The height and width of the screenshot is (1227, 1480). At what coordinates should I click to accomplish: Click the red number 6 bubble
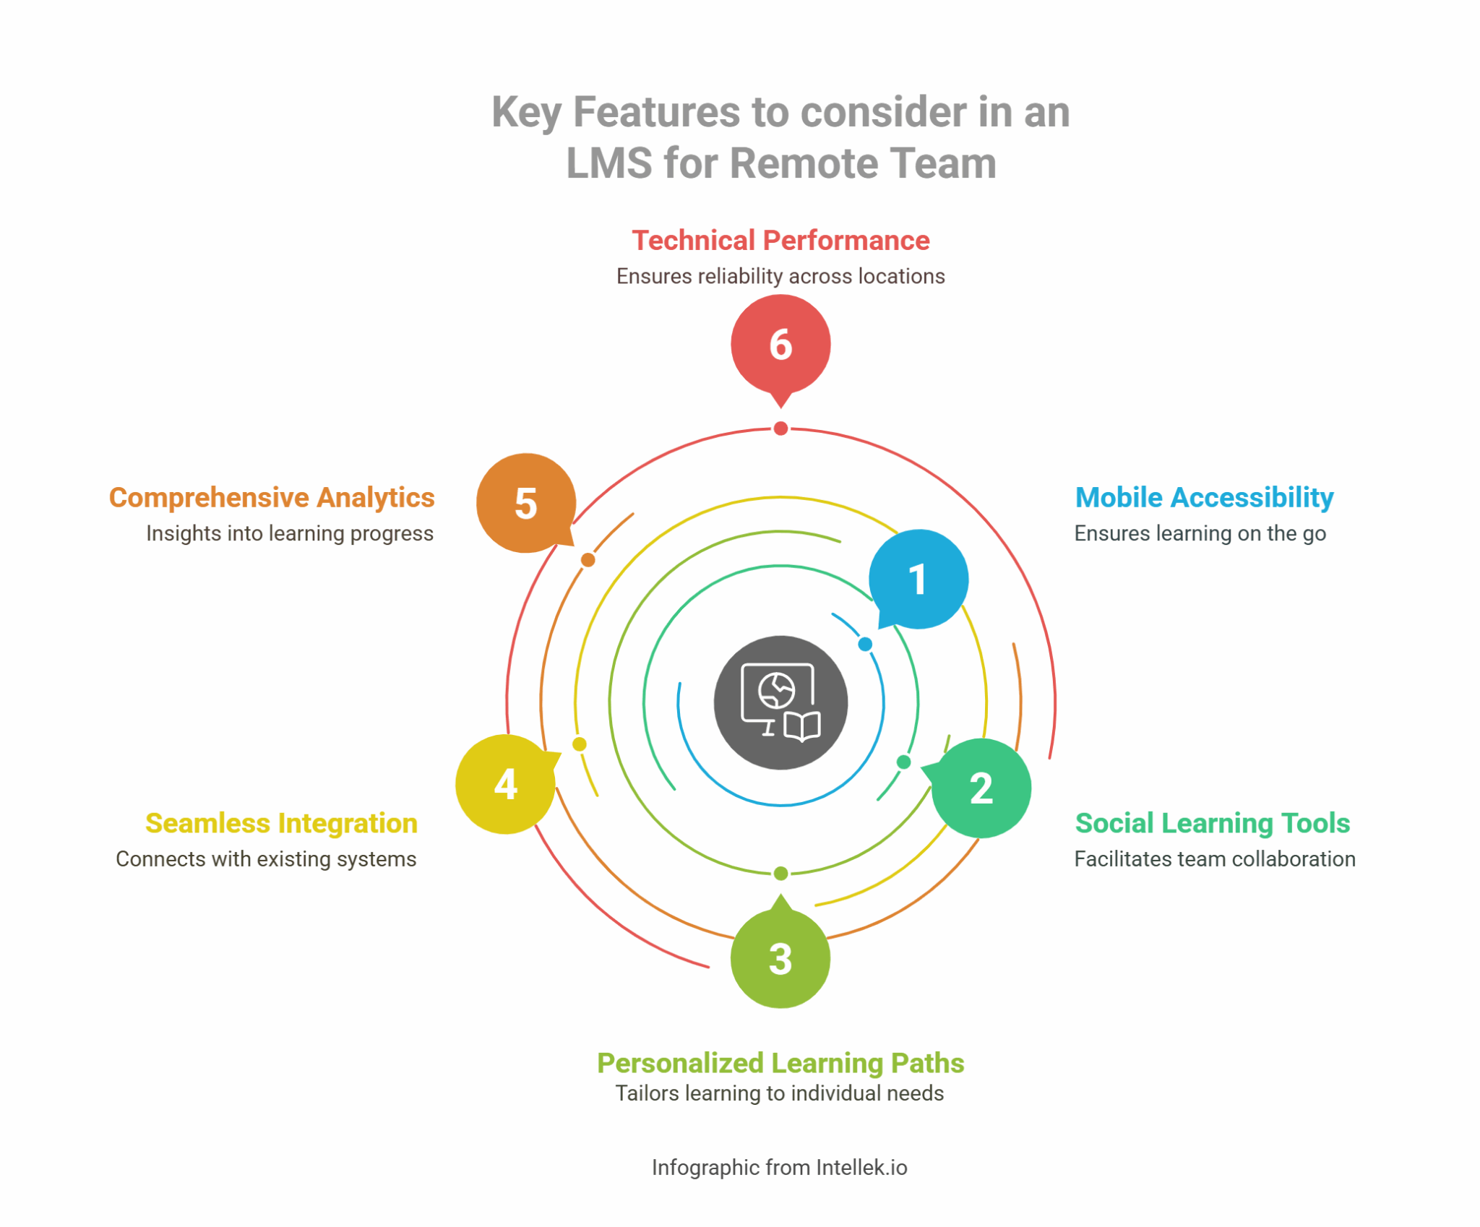[780, 344]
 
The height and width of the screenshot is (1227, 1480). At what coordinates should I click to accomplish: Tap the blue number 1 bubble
[918, 579]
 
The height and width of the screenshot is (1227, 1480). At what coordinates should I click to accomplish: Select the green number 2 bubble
[981, 788]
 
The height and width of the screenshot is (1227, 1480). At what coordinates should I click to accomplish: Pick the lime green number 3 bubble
[780, 958]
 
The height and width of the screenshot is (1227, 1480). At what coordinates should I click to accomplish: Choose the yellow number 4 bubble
[505, 784]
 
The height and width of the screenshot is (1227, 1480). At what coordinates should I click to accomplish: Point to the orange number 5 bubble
[526, 503]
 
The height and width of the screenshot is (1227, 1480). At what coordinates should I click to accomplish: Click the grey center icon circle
[780, 702]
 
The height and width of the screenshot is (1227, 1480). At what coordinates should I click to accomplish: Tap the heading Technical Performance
[780, 241]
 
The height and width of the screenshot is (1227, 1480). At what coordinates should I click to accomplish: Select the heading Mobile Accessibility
[1204, 497]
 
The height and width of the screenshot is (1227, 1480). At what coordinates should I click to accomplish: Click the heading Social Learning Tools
[1212, 823]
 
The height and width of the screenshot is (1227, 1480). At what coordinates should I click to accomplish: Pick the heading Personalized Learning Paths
[780, 1063]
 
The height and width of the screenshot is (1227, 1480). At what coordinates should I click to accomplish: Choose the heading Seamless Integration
[281, 823]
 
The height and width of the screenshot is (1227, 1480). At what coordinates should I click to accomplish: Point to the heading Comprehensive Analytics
[272, 497]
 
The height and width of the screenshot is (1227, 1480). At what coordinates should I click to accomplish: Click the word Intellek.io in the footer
[861, 1168]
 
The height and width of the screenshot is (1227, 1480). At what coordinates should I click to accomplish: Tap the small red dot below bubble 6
[780, 429]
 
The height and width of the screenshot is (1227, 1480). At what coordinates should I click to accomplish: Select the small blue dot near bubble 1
[865, 644]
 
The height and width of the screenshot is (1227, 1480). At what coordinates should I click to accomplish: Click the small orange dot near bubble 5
[588, 560]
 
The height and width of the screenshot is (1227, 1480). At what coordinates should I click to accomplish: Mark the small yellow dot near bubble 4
[579, 744]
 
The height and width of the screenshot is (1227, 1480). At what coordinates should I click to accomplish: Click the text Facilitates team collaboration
[1214, 859]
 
